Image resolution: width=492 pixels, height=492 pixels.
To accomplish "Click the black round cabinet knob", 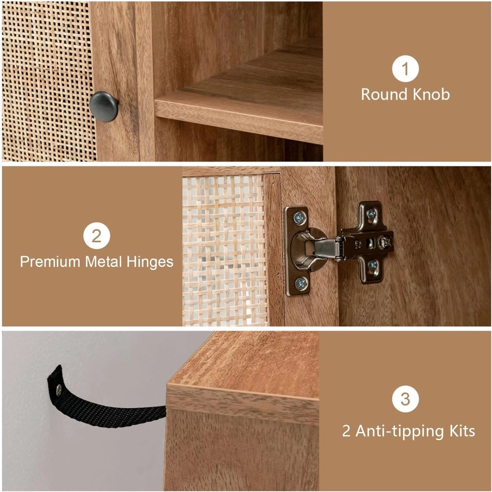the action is click(x=104, y=106).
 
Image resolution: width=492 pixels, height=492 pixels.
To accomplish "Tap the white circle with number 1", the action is click(x=405, y=69).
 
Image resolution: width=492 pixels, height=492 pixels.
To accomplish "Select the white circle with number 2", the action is click(x=97, y=235).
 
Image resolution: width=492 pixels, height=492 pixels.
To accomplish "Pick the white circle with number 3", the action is click(x=405, y=399).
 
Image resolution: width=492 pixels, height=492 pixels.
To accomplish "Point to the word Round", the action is click(x=384, y=95).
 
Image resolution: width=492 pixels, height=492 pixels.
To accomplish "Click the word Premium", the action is click(x=50, y=261).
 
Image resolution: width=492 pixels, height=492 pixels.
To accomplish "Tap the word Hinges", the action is click(x=150, y=262).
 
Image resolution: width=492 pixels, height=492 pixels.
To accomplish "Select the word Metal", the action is click(x=103, y=261).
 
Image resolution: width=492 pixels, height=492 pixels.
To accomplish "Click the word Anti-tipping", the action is click(x=399, y=431).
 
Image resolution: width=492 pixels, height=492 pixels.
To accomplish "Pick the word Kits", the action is click(x=462, y=431).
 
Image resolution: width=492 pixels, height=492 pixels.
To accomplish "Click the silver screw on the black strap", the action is click(x=59, y=390).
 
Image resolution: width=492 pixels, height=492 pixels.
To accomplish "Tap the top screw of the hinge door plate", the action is click(x=300, y=218).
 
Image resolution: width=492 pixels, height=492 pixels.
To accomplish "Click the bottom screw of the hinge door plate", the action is click(x=301, y=284).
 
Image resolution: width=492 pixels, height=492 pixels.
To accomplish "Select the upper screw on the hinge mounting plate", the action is click(x=371, y=214).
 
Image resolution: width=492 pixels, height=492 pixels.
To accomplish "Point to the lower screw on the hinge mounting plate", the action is click(x=372, y=265).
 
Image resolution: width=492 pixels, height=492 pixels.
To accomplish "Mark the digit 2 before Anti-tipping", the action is click(x=346, y=431).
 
